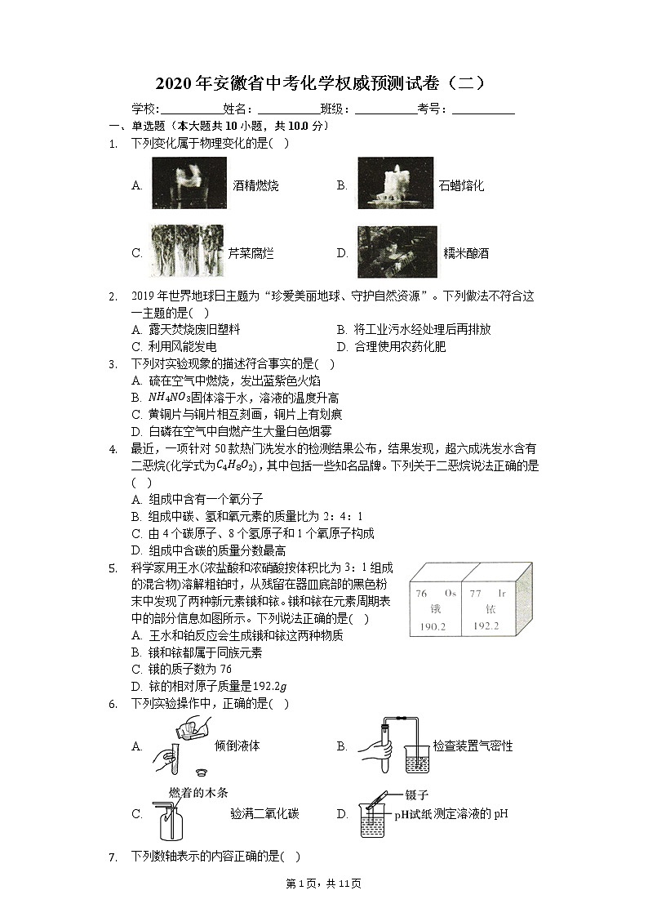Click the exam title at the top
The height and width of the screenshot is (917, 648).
point(323,83)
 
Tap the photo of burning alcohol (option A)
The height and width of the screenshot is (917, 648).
point(189,184)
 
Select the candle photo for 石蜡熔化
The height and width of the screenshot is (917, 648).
point(395,184)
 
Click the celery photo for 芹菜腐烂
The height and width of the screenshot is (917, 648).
point(188,252)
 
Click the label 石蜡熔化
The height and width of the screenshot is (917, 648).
point(461,185)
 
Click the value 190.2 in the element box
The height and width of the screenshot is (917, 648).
point(433,626)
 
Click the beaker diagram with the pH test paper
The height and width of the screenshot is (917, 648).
point(373,816)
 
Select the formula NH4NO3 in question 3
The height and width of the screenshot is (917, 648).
point(169,398)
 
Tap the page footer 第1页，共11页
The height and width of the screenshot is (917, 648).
point(325,884)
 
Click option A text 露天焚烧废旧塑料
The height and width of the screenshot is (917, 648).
point(194,330)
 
